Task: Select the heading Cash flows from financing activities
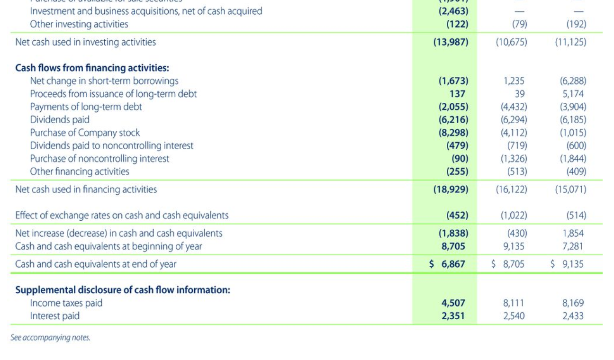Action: click(92, 68)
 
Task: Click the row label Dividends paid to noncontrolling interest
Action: click(111, 145)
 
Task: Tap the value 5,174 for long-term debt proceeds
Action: click(574, 94)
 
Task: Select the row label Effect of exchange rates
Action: click(122, 216)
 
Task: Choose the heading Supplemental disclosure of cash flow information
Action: click(123, 290)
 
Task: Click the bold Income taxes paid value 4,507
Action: click(453, 303)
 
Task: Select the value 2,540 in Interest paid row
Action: click(514, 316)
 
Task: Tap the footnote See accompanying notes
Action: click(50, 338)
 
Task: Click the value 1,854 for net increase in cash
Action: click(573, 233)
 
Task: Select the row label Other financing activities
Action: click(80, 171)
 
